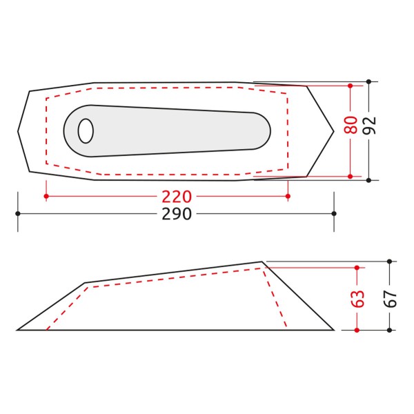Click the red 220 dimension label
(177, 197)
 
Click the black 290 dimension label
(177, 214)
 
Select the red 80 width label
(351, 125)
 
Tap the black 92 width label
(369, 126)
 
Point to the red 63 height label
(357, 299)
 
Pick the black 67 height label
(391, 299)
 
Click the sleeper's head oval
(86, 131)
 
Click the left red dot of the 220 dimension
(46, 196)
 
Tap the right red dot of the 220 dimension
(288, 196)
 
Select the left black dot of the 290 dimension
(18, 213)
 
